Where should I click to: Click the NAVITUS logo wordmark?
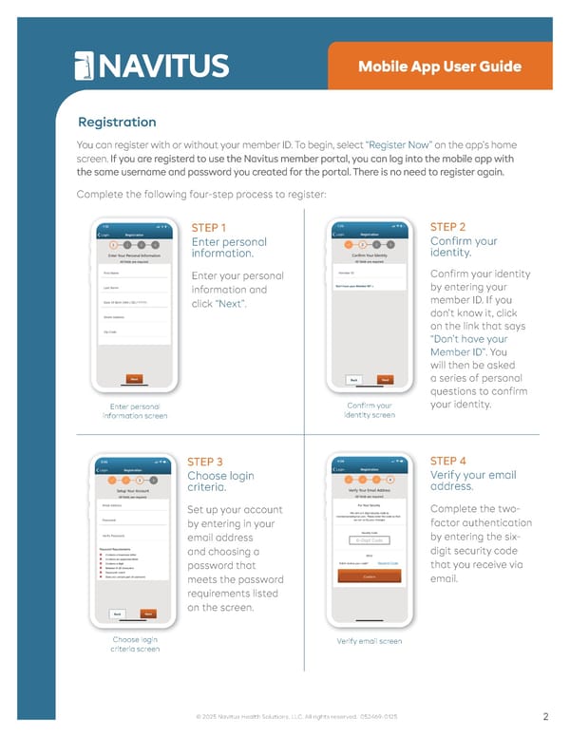(x=152, y=66)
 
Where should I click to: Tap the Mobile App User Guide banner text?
(x=440, y=66)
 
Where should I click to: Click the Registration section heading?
(x=117, y=122)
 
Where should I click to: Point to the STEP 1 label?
(x=209, y=228)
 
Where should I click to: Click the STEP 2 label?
(x=447, y=227)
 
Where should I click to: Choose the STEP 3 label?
(x=205, y=462)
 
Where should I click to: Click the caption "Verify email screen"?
(x=370, y=641)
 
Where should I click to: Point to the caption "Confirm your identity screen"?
(x=370, y=409)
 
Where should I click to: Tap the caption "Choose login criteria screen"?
(x=135, y=644)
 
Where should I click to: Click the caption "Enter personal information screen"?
(x=135, y=409)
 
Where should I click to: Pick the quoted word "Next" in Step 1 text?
(x=231, y=304)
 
